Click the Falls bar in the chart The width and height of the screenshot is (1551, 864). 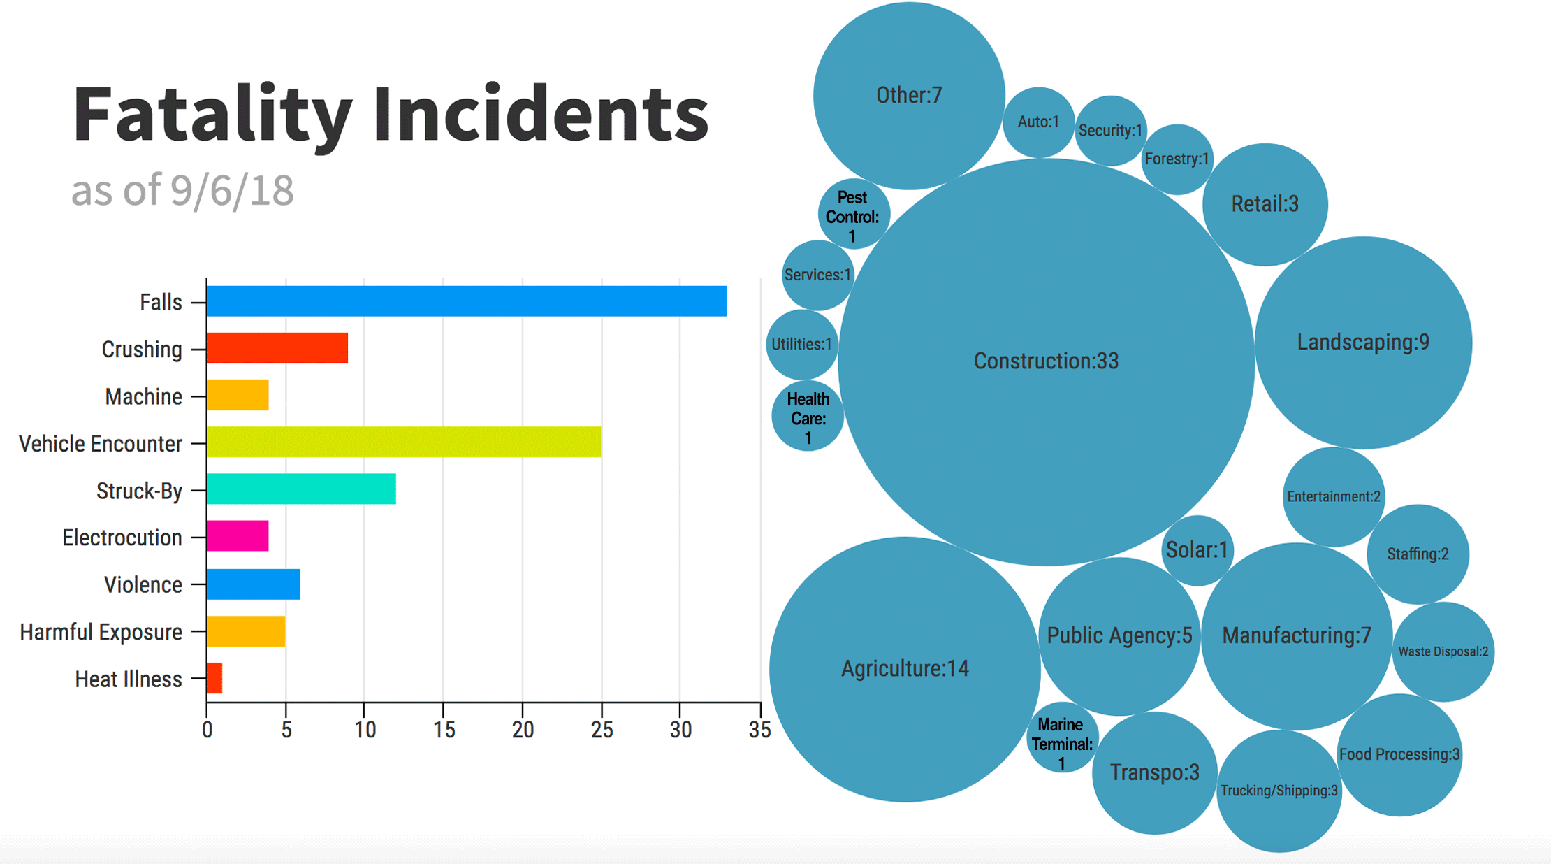click(x=467, y=301)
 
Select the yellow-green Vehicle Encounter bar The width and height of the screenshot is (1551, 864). click(x=404, y=442)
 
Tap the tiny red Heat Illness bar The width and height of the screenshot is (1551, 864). click(x=214, y=678)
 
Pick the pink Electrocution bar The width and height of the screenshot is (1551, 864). click(x=238, y=536)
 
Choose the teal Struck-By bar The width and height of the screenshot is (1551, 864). click(x=301, y=489)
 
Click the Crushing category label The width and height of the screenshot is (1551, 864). click(x=142, y=349)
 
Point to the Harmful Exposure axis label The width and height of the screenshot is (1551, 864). click(x=101, y=632)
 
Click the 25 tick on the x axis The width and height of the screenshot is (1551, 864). click(x=602, y=730)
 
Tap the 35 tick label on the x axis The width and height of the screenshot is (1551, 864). click(x=759, y=730)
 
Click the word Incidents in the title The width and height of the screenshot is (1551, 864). click(x=540, y=114)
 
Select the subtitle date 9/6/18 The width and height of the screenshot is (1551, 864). click(x=232, y=190)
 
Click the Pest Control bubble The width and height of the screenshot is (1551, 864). click(x=852, y=215)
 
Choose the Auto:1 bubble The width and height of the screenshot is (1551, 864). click(x=1038, y=122)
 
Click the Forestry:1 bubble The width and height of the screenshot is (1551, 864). click(x=1177, y=159)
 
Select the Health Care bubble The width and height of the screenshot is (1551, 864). click(x=808, y=417)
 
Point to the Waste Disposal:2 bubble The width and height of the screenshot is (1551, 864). click(x=1443, y=651)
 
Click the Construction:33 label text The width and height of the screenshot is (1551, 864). click(x=1046, y=361)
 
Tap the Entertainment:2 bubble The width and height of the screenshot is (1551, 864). click(x=1333, y=496)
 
